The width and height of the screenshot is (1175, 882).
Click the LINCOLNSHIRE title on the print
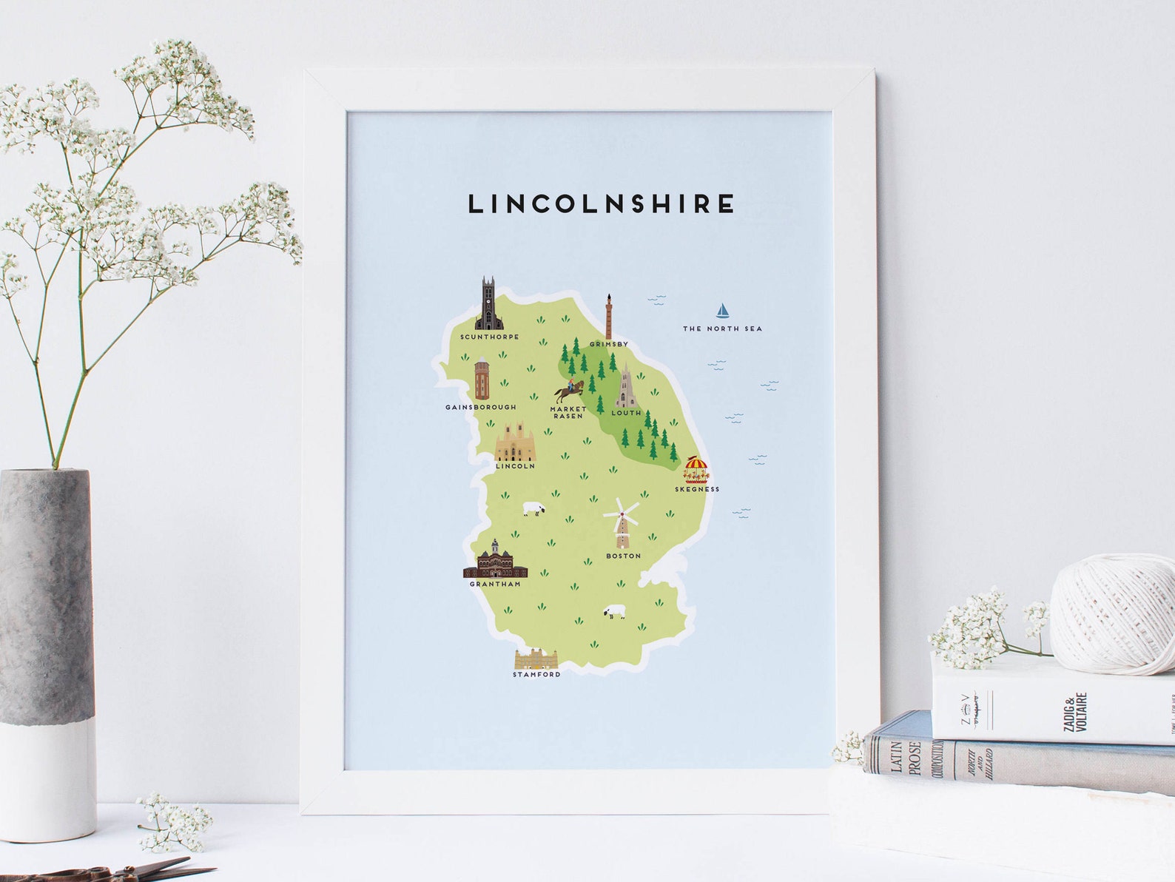602,203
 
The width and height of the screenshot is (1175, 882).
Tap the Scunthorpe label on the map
489,337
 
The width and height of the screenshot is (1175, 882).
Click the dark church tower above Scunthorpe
488,305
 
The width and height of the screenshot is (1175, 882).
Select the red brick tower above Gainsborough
482,378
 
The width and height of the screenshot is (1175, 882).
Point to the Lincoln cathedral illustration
515,442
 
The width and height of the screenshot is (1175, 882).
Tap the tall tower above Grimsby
609,316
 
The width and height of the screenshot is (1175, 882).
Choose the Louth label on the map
626,413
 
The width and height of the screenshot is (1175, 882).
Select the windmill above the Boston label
622,522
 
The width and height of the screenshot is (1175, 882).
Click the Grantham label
495,584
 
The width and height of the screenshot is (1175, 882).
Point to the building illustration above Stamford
536,658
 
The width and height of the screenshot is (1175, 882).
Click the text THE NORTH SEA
721,329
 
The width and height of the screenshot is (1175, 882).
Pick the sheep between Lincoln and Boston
534,509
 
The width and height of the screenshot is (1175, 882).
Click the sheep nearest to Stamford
613,612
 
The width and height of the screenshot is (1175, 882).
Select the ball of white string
1112,614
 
